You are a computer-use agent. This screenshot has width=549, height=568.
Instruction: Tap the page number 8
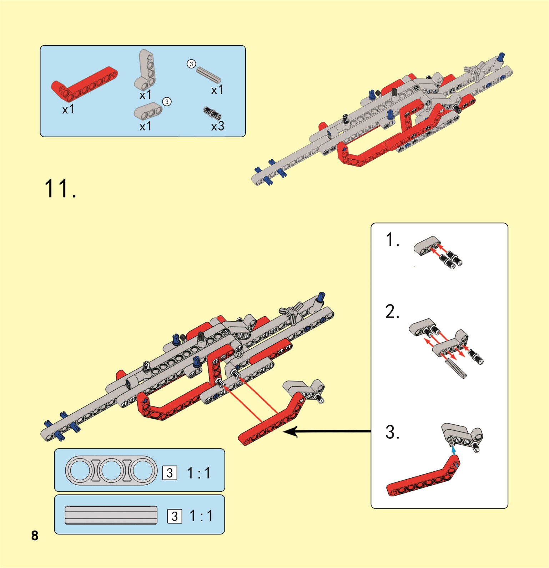[x=35, y=535]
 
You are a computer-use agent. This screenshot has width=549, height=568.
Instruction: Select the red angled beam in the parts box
[x=84, y=83]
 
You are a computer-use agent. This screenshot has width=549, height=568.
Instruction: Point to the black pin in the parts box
[x=212, y=113]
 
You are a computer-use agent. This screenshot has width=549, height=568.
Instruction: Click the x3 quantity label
[x=217, y=126]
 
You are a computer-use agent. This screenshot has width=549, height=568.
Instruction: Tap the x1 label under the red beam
[x=68, y=109]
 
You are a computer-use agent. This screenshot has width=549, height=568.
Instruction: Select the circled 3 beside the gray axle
[x=191, y=64]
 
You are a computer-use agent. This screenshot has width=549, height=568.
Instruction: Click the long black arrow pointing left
[x=327, y=431]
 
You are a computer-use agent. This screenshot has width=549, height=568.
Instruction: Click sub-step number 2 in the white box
[x=392, y=311]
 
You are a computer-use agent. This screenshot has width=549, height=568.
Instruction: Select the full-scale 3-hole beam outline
[x=111, y=470]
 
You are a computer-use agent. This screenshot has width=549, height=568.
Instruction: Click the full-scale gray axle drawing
[x=111, y=515]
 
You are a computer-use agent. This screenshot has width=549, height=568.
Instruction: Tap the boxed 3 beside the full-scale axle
[x=175, y=516]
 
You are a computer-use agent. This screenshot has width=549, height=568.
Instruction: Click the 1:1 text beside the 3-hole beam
[x=199, y=473]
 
